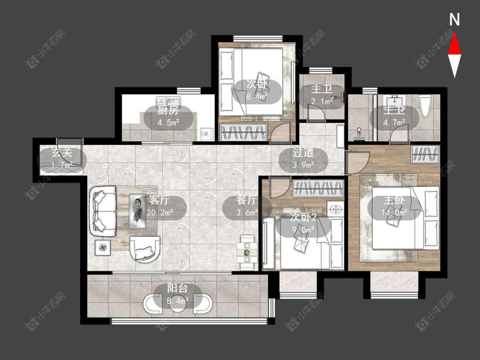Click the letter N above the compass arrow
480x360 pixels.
coord(454,20)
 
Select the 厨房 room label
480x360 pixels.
coord(168,110)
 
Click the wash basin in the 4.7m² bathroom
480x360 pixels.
coord(395,102)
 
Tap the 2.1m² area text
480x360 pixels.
coord(321,101)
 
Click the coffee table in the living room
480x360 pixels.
coord(137,211)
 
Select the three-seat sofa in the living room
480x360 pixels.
coord(103,211)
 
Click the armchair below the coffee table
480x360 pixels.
coord(145,249)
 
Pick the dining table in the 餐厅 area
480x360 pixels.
coord(247,253)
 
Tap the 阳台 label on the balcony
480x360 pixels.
coord(177,288)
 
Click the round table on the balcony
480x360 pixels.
coord(177,303)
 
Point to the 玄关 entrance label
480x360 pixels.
coord(62,152)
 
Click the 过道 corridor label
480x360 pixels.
coord(303,153)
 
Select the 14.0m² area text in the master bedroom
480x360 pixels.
coord(394,212)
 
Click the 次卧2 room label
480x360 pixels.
coord(303,218)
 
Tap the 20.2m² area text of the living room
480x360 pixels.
coord(160,212)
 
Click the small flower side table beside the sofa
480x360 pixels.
coord(103,247)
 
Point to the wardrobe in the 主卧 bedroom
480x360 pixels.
coord(425,154)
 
